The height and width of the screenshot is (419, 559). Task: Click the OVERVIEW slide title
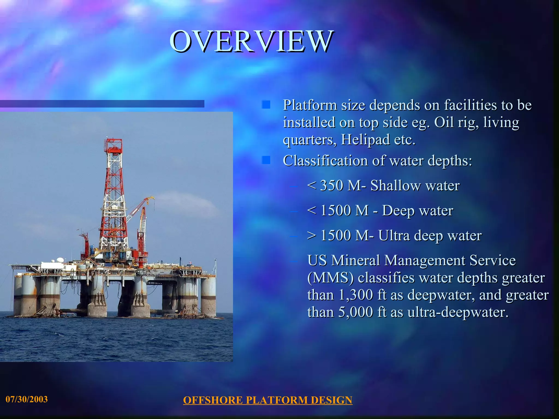(251, 41)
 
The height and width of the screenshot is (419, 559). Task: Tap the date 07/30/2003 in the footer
(27, 399)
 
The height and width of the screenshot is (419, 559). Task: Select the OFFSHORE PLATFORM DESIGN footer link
(267, 400)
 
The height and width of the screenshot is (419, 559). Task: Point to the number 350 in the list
(331, 185)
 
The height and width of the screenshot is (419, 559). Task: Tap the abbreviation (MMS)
(330, 278)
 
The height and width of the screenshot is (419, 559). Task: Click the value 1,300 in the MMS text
(356, 295)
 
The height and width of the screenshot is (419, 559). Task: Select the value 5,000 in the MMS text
(356, 312)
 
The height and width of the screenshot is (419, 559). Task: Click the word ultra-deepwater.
(458, 312)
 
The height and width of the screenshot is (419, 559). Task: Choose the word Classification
(325, 161)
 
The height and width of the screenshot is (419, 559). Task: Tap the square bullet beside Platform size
(266, 104)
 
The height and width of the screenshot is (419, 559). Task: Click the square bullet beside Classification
(266, 160)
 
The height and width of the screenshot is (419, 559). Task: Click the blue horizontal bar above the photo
(102, 104)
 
